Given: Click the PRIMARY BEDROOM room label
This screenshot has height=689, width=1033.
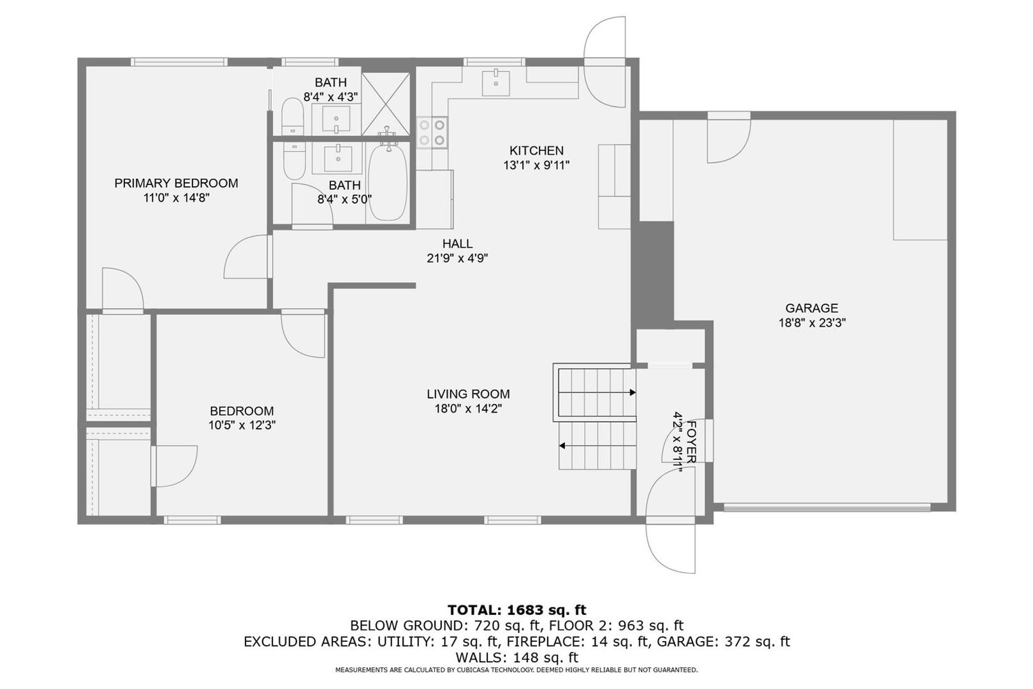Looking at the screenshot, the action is [176, 183].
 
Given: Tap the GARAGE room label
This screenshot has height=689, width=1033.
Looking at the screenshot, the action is [812, 307].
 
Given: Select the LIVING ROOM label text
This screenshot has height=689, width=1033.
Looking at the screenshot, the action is [468, 394].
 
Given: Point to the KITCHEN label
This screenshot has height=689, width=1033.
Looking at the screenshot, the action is [536, 151].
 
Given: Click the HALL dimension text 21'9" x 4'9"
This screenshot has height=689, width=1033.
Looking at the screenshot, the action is [457, 258].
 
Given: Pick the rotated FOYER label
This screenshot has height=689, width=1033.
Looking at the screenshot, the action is [691, 442].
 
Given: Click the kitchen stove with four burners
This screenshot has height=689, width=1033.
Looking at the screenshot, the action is [432, 133].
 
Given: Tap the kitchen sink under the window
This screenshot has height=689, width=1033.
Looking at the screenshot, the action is [495, 83].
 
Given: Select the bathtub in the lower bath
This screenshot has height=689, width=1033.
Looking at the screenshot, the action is [388, 182].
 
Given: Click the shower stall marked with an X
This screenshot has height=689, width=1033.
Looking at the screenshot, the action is [386, 104].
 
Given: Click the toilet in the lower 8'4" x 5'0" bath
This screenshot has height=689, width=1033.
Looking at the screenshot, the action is [294, 161].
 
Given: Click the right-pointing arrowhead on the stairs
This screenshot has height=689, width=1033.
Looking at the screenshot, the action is [633, 393].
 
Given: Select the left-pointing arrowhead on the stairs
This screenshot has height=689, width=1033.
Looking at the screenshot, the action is [562, 446].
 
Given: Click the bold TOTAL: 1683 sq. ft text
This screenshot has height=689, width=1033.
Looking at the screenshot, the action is [516, 610].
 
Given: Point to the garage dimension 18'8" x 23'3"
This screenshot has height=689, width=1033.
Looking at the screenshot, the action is [812, 323].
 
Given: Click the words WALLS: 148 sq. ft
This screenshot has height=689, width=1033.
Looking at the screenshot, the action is [516, 657].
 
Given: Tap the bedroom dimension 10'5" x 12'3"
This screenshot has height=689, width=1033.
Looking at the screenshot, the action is [242, 426].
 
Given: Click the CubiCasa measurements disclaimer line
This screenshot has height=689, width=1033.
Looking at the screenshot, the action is [516, 670].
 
